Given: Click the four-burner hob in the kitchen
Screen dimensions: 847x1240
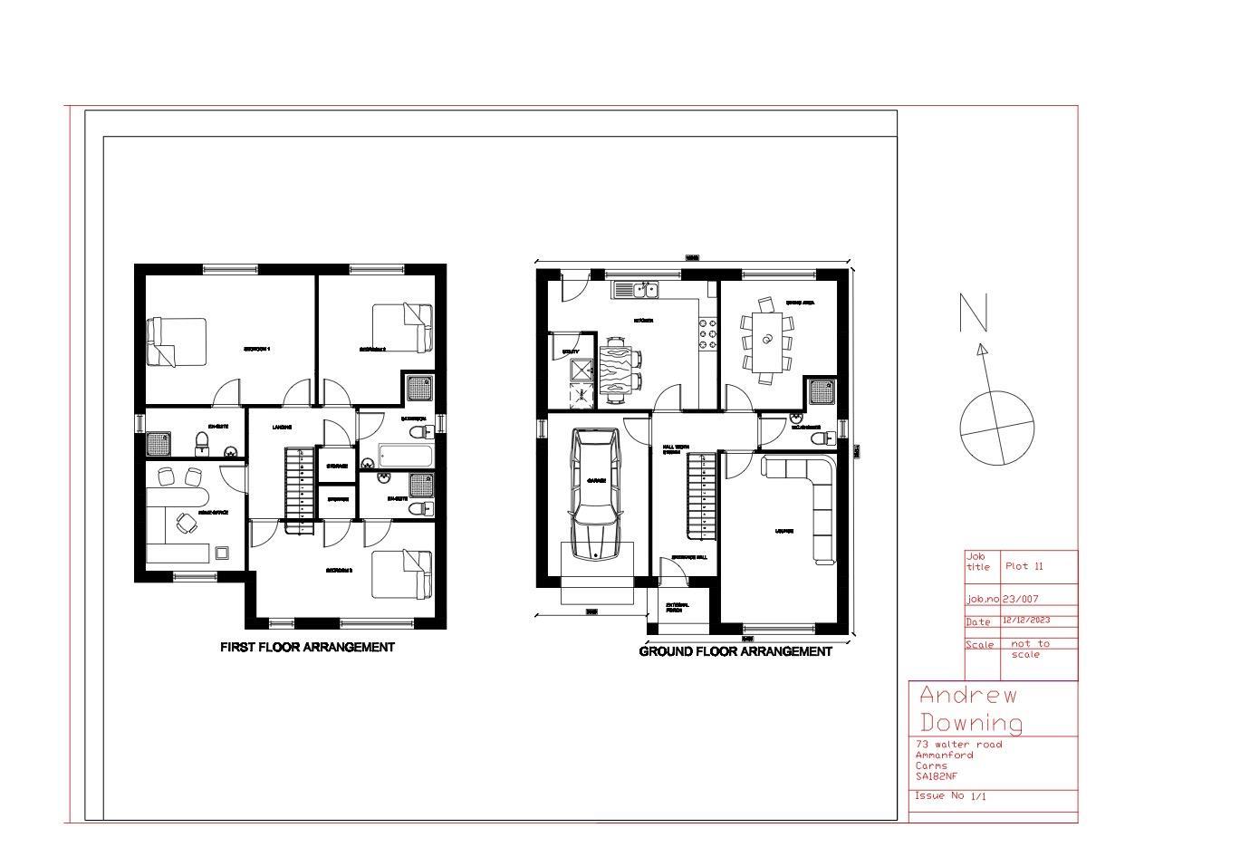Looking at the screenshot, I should pos(707,333).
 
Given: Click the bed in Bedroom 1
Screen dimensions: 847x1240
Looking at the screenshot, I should pos(178,342).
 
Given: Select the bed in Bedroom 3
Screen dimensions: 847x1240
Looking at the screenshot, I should pos(402,574).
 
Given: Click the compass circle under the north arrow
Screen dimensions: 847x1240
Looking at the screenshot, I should pos(996,428).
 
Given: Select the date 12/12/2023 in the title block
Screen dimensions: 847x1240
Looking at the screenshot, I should pos(1026,621).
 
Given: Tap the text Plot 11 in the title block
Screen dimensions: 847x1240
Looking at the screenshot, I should pos(1024,566).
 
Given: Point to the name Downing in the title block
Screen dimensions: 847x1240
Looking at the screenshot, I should pos(971,722).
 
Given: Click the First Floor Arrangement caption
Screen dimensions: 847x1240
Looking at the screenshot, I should pos(307,647).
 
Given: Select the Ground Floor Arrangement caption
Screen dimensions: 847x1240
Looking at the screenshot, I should pos(735,651).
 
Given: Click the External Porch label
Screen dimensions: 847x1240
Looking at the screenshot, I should pos(677,607).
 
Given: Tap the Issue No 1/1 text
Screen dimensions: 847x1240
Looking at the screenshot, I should pos(949,796).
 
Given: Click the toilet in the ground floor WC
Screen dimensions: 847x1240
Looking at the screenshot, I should pos(822,438).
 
